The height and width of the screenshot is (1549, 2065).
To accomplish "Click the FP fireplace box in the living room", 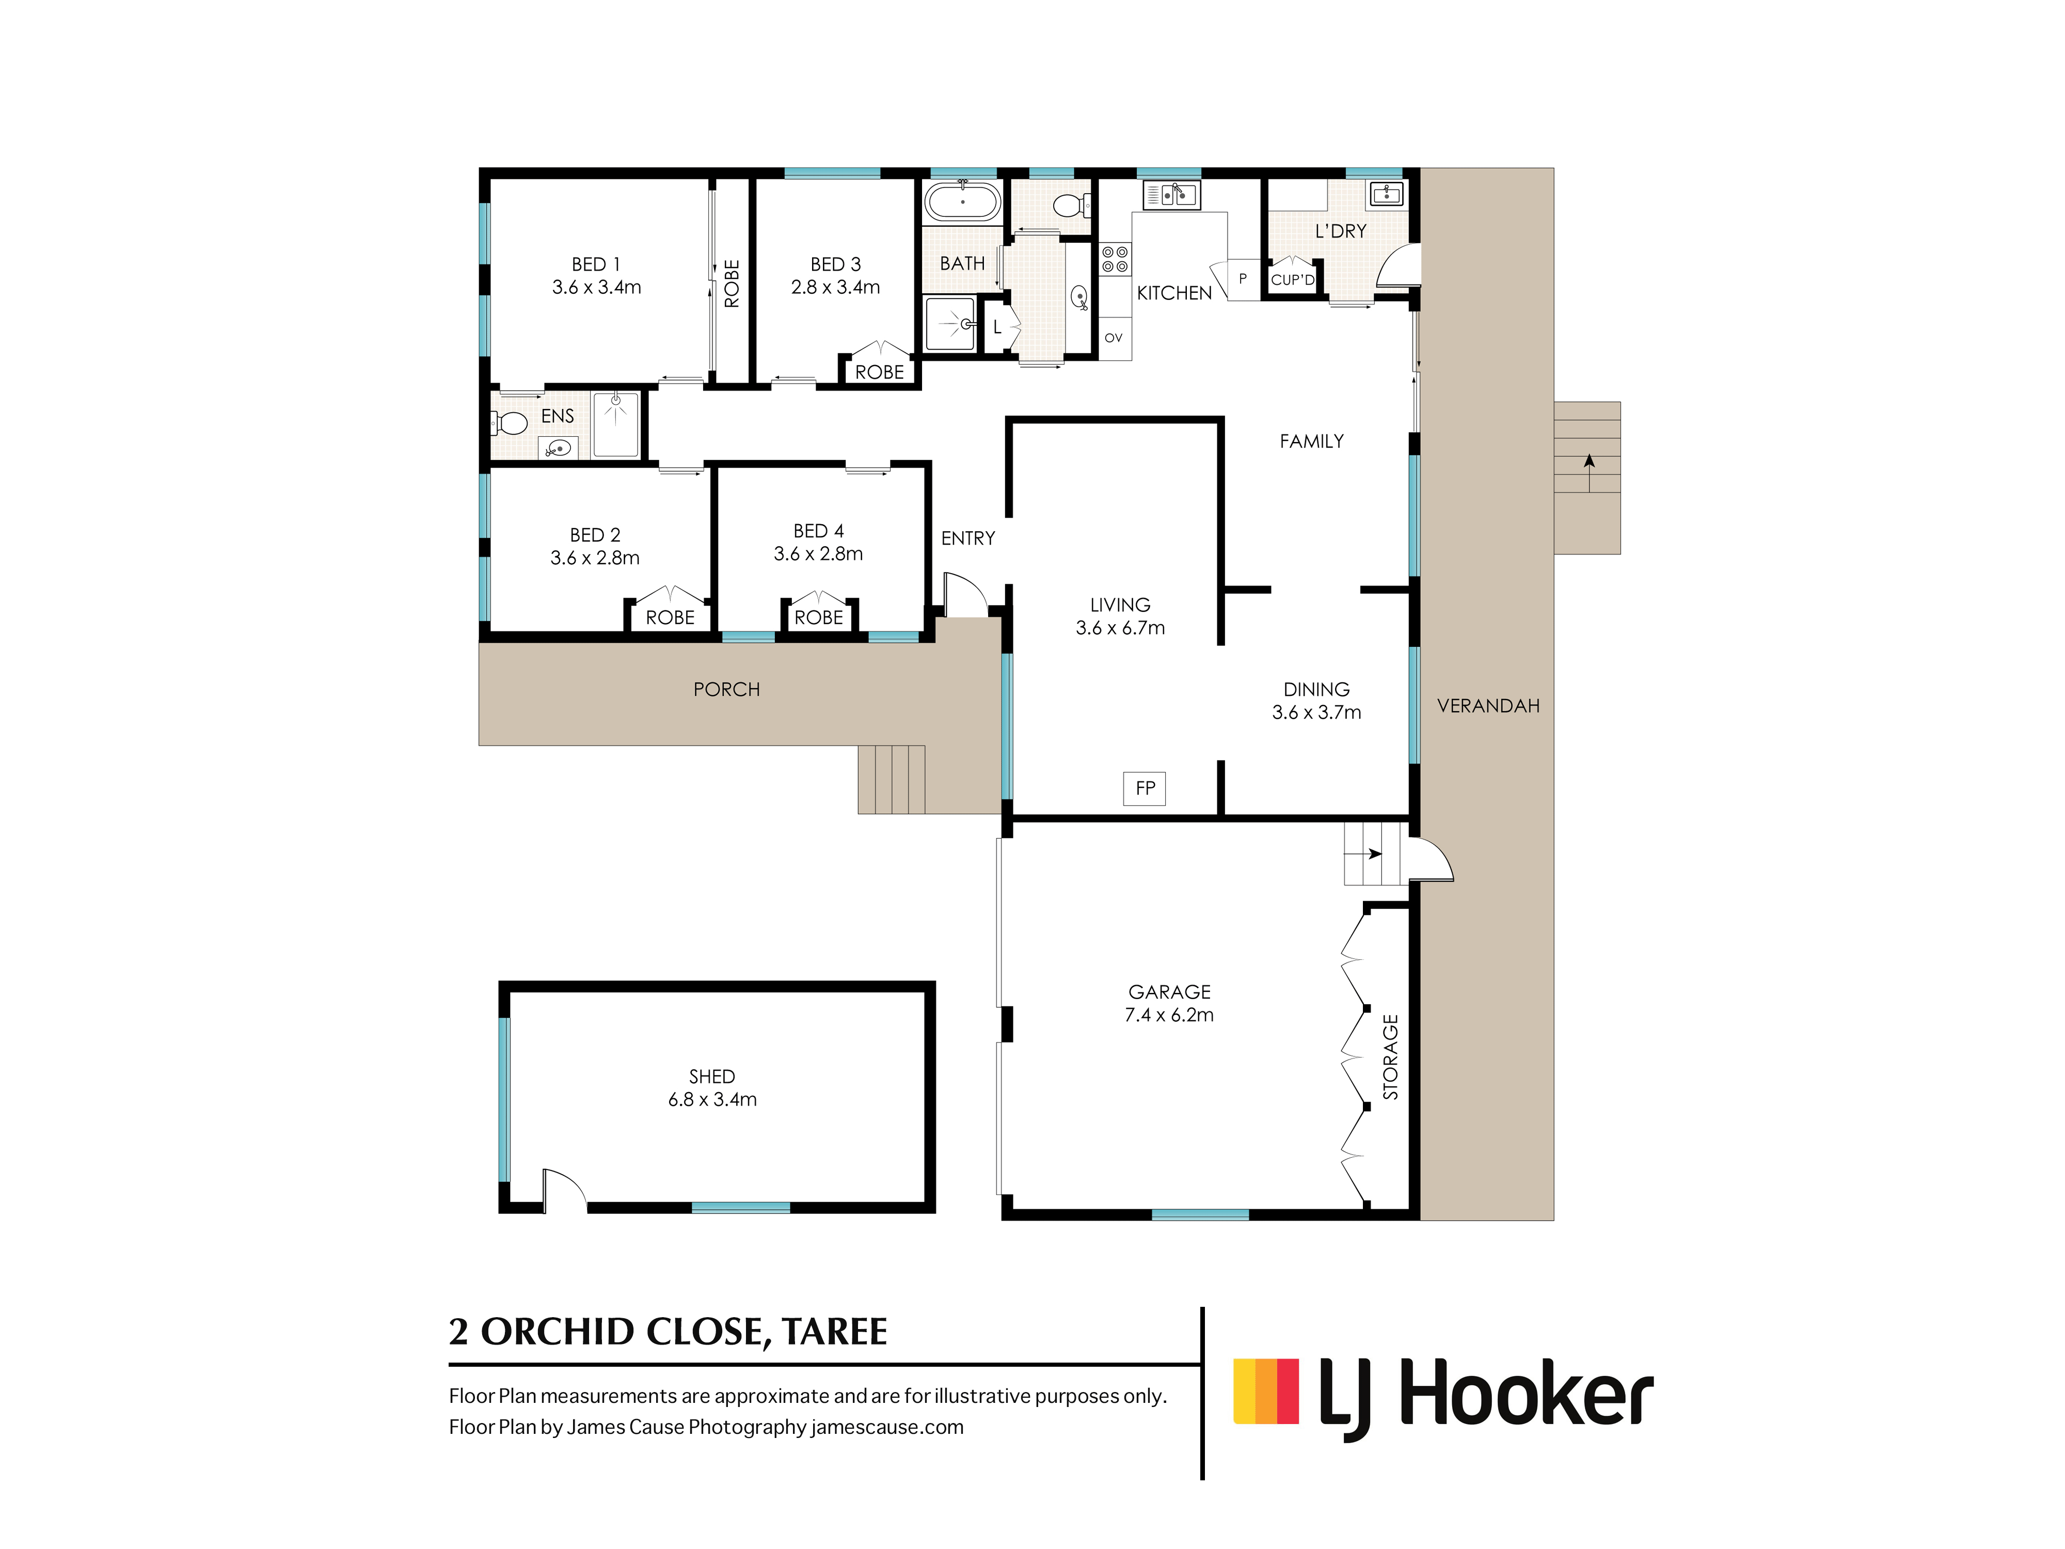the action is [x=1145, y=788].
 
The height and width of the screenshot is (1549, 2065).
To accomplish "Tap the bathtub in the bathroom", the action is [x=962, y=201].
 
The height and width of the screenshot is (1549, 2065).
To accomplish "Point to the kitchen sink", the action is [x=1171, y=195].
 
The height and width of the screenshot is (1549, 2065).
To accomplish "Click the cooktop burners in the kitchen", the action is [x=1115, y=260].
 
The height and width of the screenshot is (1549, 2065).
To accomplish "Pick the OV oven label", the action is [x=1113, y=338].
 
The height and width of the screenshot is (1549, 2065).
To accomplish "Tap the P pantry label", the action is [x=1243, y=278].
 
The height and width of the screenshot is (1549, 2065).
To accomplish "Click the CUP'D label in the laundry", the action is [x=1293, y=279].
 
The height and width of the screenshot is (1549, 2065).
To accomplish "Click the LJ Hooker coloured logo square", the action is [x=1266, y=1391].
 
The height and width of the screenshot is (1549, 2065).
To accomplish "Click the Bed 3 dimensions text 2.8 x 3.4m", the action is [x=835, y=288].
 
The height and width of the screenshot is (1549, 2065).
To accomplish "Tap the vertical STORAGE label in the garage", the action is [x=1390, y=1057].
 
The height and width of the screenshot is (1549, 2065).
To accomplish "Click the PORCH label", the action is [x=726, y=690].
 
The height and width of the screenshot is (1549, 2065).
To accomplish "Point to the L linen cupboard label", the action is [x=997, y=327].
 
